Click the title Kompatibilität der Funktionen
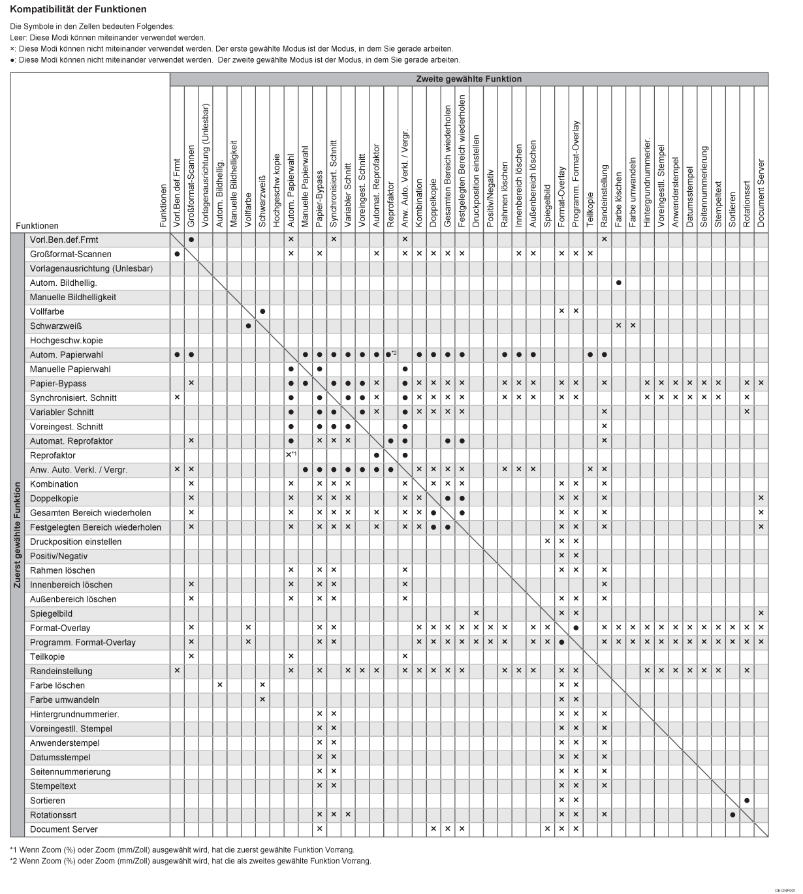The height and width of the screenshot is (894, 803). [x=78, y=10]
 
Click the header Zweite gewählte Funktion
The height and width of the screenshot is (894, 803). [x=469, y=79]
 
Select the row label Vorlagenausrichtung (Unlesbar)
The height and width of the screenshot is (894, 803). [x=91, y=268]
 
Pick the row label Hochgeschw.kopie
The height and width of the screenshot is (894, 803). [x=67, y=340]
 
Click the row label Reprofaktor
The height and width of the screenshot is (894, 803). [x=53, y=455]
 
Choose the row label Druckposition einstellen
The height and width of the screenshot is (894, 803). [x=76, y=542]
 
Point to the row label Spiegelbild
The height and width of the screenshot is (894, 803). [x=51, y=613]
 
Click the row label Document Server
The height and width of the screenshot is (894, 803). [x=64, y=829]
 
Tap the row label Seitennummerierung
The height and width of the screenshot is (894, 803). [x=71, y=771]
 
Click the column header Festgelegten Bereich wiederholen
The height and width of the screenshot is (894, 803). [x=462, y=162]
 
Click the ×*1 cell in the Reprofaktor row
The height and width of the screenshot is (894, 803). [x=291, y=455]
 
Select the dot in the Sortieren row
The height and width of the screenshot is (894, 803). [x=747, y=800]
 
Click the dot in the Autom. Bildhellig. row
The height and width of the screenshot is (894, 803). [x=618, y=283]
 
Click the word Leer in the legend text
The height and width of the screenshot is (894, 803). [x=18, y=38]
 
